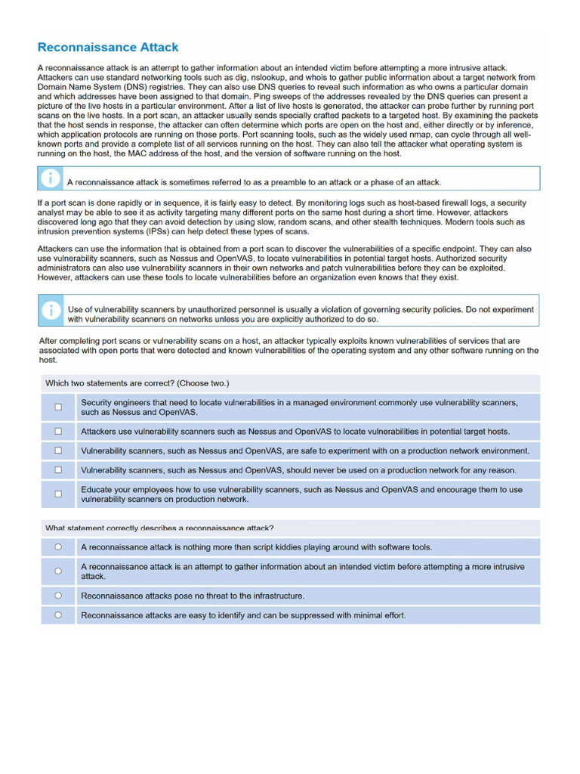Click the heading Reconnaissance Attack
(x=108, y=48)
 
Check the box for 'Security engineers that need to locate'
(x=58, y=407)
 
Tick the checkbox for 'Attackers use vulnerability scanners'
(x=58, y=432)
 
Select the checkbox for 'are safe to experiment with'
(x=58, y=450)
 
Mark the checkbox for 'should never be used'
(x=58, y=470)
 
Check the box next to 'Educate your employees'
(x=58, y=494)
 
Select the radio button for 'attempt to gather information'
(x=58, y=571)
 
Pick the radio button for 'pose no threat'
(x=58, y=596)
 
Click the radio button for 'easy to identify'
(x=58, y=615)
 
